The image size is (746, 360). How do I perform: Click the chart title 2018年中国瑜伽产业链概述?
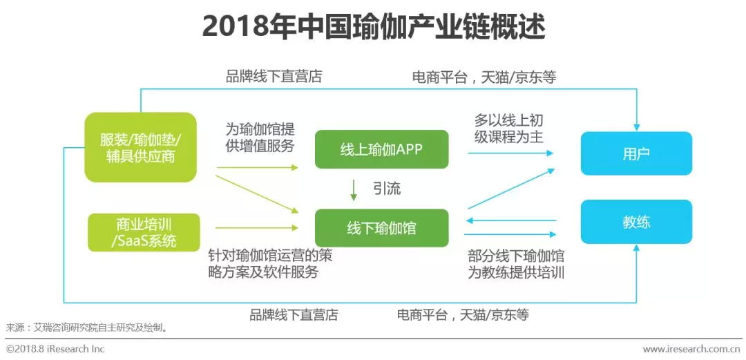click(x=373, y=28)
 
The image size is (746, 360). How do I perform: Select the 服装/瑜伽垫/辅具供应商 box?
click(x=140, y=147)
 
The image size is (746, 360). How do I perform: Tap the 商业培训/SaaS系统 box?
click(x=144, y=232)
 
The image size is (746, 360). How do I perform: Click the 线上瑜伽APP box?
click(x=382, y=149)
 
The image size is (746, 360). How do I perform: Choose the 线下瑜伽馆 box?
click(x=382, y=227)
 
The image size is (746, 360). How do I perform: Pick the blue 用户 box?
click(x=635, y=153)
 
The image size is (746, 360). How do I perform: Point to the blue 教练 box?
click(x=635, y=222)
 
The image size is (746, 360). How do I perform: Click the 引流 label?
click(x=387, y=189)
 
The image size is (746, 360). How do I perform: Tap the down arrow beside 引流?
click(x=354, y=190)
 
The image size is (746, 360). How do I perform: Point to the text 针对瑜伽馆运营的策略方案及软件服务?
click(x=269, y=263)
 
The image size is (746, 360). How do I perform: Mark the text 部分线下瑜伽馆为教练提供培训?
click(x=515, y=263)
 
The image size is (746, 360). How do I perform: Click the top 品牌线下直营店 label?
click(x=274, y=76)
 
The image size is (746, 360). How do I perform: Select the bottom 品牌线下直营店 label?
click(x=294, y=315)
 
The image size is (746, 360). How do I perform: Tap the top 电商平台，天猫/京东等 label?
click(x=484, y=77)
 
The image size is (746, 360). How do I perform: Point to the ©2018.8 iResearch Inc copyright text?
click(x=55, y=349)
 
